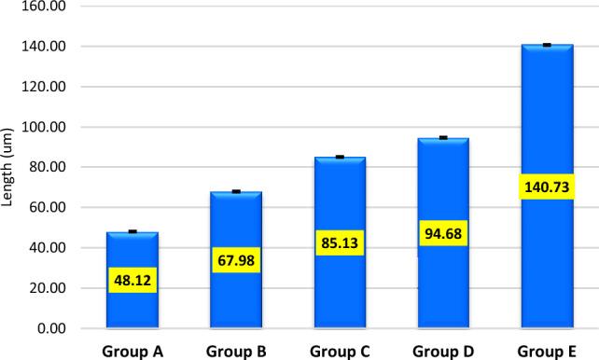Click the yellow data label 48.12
pyautogui.click(x=132, y=280)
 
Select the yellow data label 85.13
pyautogui.click(x=340, y=243)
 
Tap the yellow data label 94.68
pyautogui.click(x=442, y=232)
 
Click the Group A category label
pyautogui.click(x=132, y=351)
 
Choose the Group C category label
pyautogui.click(x=340, y=351)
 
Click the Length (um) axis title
pyautogui.click(x=9, y=168)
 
